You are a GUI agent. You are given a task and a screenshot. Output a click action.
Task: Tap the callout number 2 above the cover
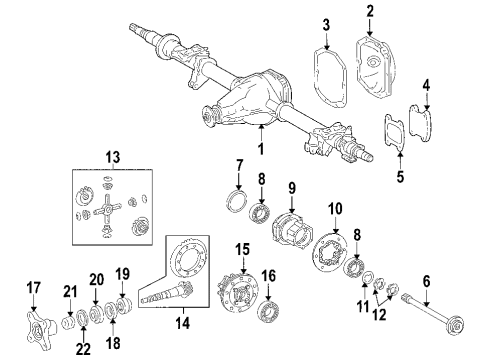pos(370,12)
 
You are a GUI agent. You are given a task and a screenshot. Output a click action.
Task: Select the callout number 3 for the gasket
pos(326,24)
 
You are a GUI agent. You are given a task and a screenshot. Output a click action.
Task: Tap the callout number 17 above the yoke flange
pos(34,287)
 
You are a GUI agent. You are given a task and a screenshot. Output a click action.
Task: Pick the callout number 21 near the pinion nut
pos(69,291)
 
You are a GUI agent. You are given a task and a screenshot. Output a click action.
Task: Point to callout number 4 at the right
pos(427,87)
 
